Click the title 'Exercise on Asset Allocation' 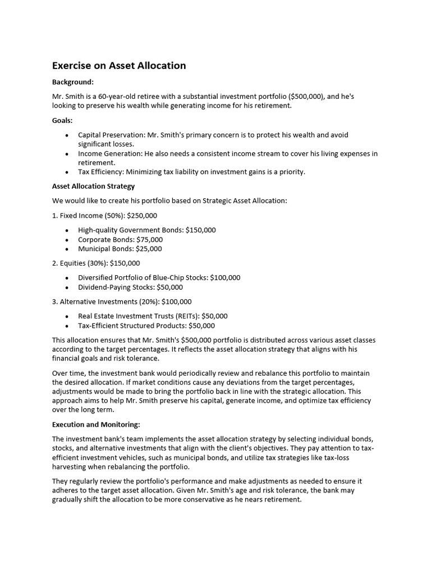(x=119, y=66)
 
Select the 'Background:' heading (x=73, y=82)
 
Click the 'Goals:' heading (x=62, y=120)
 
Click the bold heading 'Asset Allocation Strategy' (x=93, y=186)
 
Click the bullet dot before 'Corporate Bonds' (x=67, y=239)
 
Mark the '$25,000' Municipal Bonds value (x=149, y=249)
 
